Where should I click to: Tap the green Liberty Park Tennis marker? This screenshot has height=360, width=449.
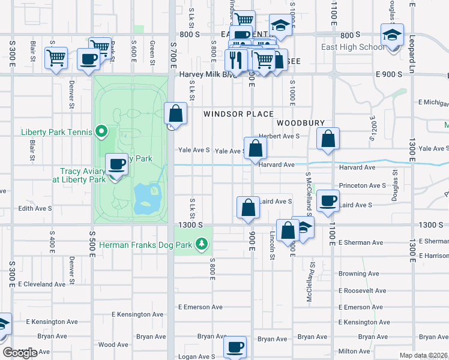101,131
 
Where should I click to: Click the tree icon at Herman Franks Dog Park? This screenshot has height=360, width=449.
202,244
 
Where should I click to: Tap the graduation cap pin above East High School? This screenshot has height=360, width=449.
392,36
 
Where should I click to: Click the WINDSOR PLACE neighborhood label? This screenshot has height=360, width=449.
238,114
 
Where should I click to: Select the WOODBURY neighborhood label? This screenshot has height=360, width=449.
301,122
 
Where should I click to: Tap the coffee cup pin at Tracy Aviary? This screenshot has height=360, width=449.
116,164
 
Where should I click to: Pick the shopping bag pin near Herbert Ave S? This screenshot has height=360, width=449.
328,139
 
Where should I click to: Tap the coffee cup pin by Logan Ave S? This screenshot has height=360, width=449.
235,346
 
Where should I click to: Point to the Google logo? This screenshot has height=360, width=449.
20,353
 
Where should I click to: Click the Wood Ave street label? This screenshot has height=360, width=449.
113,344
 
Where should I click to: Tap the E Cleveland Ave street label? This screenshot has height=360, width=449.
46,283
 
